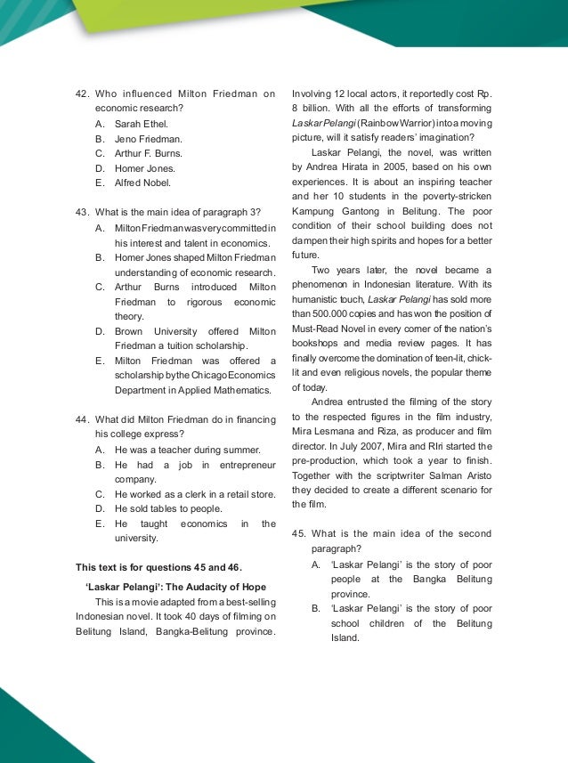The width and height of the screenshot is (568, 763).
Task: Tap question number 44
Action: point(83,419)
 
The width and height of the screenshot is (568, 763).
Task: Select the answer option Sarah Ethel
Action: point(141,124)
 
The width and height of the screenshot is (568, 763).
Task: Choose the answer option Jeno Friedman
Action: point(148,139)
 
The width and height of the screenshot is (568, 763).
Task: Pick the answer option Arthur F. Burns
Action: point(149,153)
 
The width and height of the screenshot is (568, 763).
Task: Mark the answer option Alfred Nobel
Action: point(142,183)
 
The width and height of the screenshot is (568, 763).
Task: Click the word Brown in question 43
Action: point(131,330)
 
